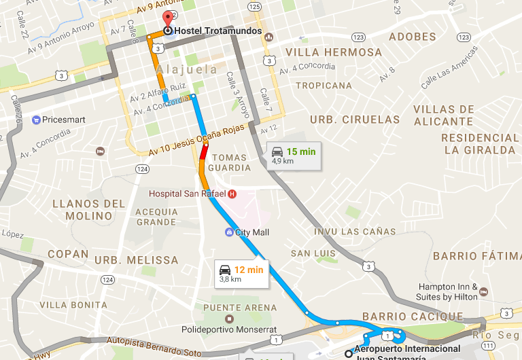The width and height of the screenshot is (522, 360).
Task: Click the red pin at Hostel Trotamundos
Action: [167, 19]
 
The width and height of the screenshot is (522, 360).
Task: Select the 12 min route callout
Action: [241, 274]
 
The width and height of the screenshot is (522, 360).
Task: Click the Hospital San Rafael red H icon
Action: [232, 194]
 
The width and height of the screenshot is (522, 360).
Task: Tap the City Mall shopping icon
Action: [229, 232]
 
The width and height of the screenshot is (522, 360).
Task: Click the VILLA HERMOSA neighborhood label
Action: [334, 52]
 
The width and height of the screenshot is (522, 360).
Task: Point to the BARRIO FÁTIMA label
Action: [475, 256]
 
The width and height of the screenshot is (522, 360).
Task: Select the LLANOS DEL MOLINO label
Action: [89, 210]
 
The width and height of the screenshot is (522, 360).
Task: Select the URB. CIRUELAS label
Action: [355, 120]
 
